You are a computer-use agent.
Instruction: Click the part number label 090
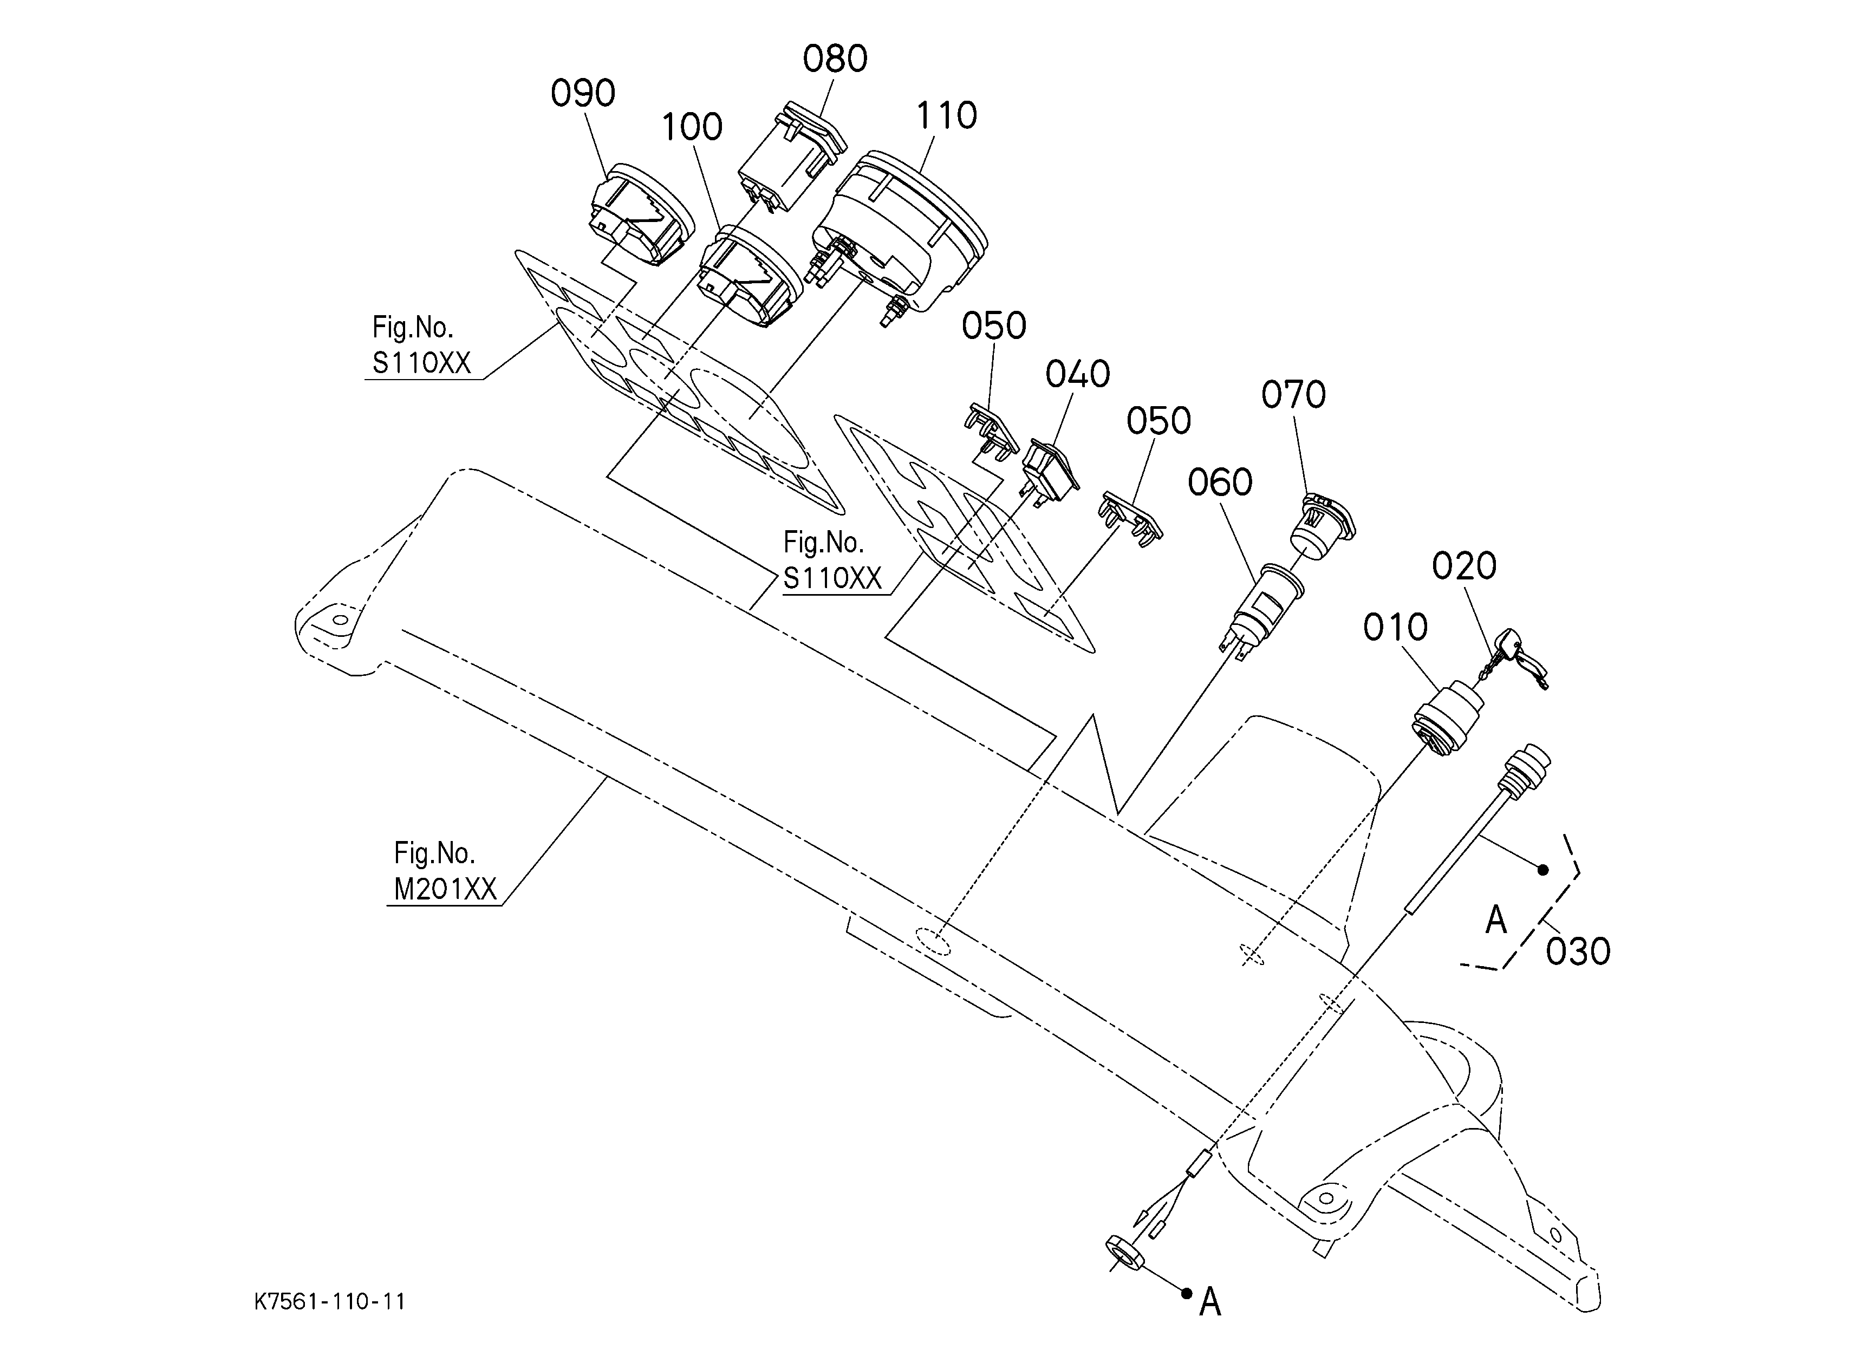click(x=583, y=94)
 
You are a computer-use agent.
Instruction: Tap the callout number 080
click(x=835, y=59)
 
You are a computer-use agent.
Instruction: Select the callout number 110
click(x=946, y=116)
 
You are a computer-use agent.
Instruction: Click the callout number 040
click(x=1077, y=375)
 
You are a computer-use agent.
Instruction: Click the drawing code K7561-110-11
click(x=329, y=1302)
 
